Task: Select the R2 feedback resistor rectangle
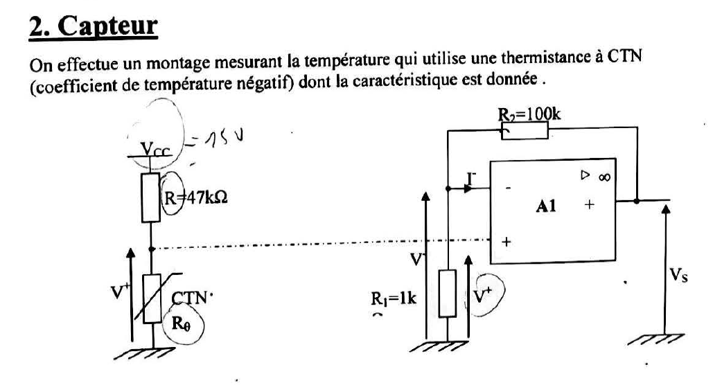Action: (x=524, y=130)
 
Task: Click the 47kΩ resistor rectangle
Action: (x=151, y=197)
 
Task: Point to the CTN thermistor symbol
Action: (x=152, y=299)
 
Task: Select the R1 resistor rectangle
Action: (x=448, y=293)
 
